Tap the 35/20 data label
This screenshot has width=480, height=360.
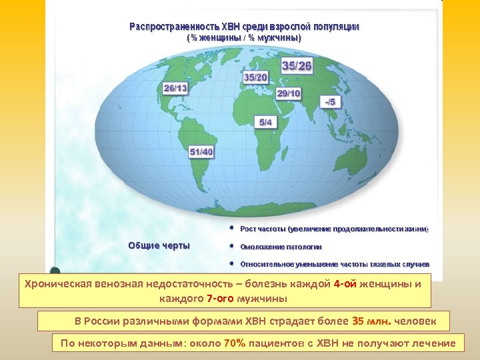pyautogui.click(x=256, y=77)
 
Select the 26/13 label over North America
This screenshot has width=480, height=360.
pyautogui.click(x=175, y=88)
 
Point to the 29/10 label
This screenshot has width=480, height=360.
pyautogui.click(x=289, y=93)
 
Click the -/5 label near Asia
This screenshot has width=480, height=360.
pyautogui.click(x=329, y=102)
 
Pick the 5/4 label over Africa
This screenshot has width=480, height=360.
pyautogui.click(x=265, y=122)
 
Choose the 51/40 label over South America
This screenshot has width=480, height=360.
pyautogui.click(x=201, y=152)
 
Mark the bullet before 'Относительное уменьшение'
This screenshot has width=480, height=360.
pyautogui.click(x=231, y=263)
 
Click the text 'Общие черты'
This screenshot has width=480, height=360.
pyautogui.click(x=159, y=245)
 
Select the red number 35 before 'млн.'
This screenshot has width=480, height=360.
pyautogui.click(x=358, y=321)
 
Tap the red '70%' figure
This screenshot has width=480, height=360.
pyautogui.click(x=236, y=344)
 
